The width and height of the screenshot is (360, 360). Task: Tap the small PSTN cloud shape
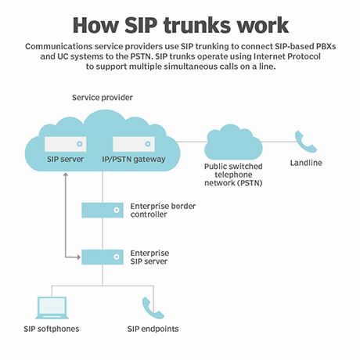pos(233,142)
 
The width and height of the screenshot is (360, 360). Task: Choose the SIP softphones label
pos(51,329)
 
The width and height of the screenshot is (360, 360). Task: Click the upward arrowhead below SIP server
pos(67,174)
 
